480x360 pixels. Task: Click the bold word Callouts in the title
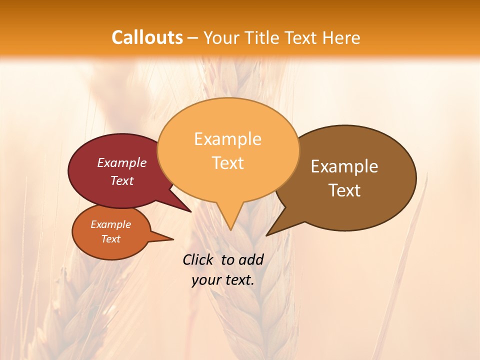147,37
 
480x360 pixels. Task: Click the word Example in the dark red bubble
122,162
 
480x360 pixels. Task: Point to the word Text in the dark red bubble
122,180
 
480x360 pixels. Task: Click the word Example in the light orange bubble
227,139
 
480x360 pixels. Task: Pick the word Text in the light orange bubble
227,163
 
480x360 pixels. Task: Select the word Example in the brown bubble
344,166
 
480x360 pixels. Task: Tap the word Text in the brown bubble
344,190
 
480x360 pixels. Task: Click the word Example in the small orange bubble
110,224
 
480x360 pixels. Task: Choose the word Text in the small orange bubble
110,239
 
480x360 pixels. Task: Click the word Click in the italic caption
198,259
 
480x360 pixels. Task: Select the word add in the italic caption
250,259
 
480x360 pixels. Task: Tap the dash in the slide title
193,38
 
